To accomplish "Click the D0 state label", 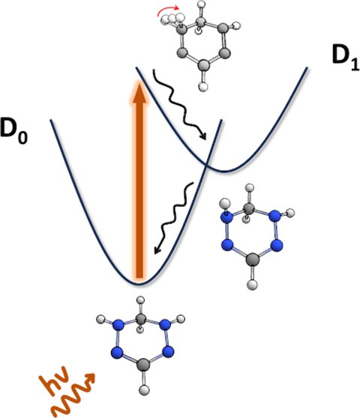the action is point(14,130).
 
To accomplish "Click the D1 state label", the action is point(346,58).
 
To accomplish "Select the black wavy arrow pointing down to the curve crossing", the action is point(178,104).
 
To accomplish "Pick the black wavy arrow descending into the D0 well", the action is point(173,218).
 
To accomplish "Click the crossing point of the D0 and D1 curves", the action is point(207,166).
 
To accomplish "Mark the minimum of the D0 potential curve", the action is point(139,284).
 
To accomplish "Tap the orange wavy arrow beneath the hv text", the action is point(72,395).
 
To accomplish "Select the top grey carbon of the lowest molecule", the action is point(141,319).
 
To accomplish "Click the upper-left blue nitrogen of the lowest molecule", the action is point(118,325).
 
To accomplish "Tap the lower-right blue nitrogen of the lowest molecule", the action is point(168,352).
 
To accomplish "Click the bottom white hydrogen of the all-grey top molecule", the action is point(203,87).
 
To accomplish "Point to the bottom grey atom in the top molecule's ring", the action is point(204,64).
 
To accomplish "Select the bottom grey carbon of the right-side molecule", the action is point(252,260).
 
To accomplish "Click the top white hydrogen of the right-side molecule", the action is point(250,188).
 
